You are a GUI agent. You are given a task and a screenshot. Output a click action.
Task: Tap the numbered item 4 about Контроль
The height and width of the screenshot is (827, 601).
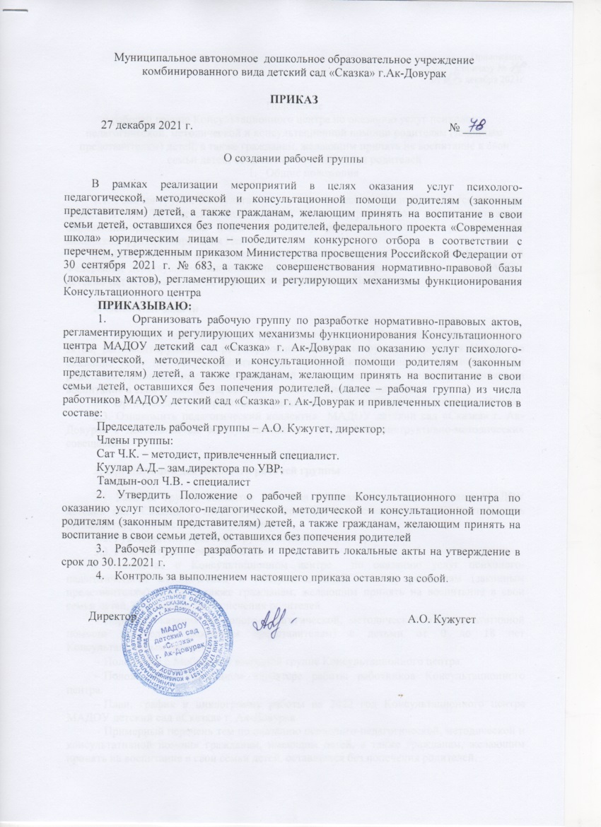[247, 579]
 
